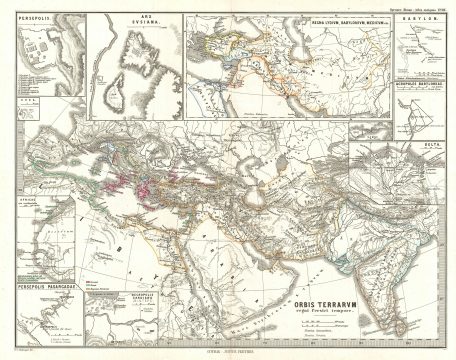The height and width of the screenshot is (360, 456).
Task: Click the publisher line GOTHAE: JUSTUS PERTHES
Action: point(228,351)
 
